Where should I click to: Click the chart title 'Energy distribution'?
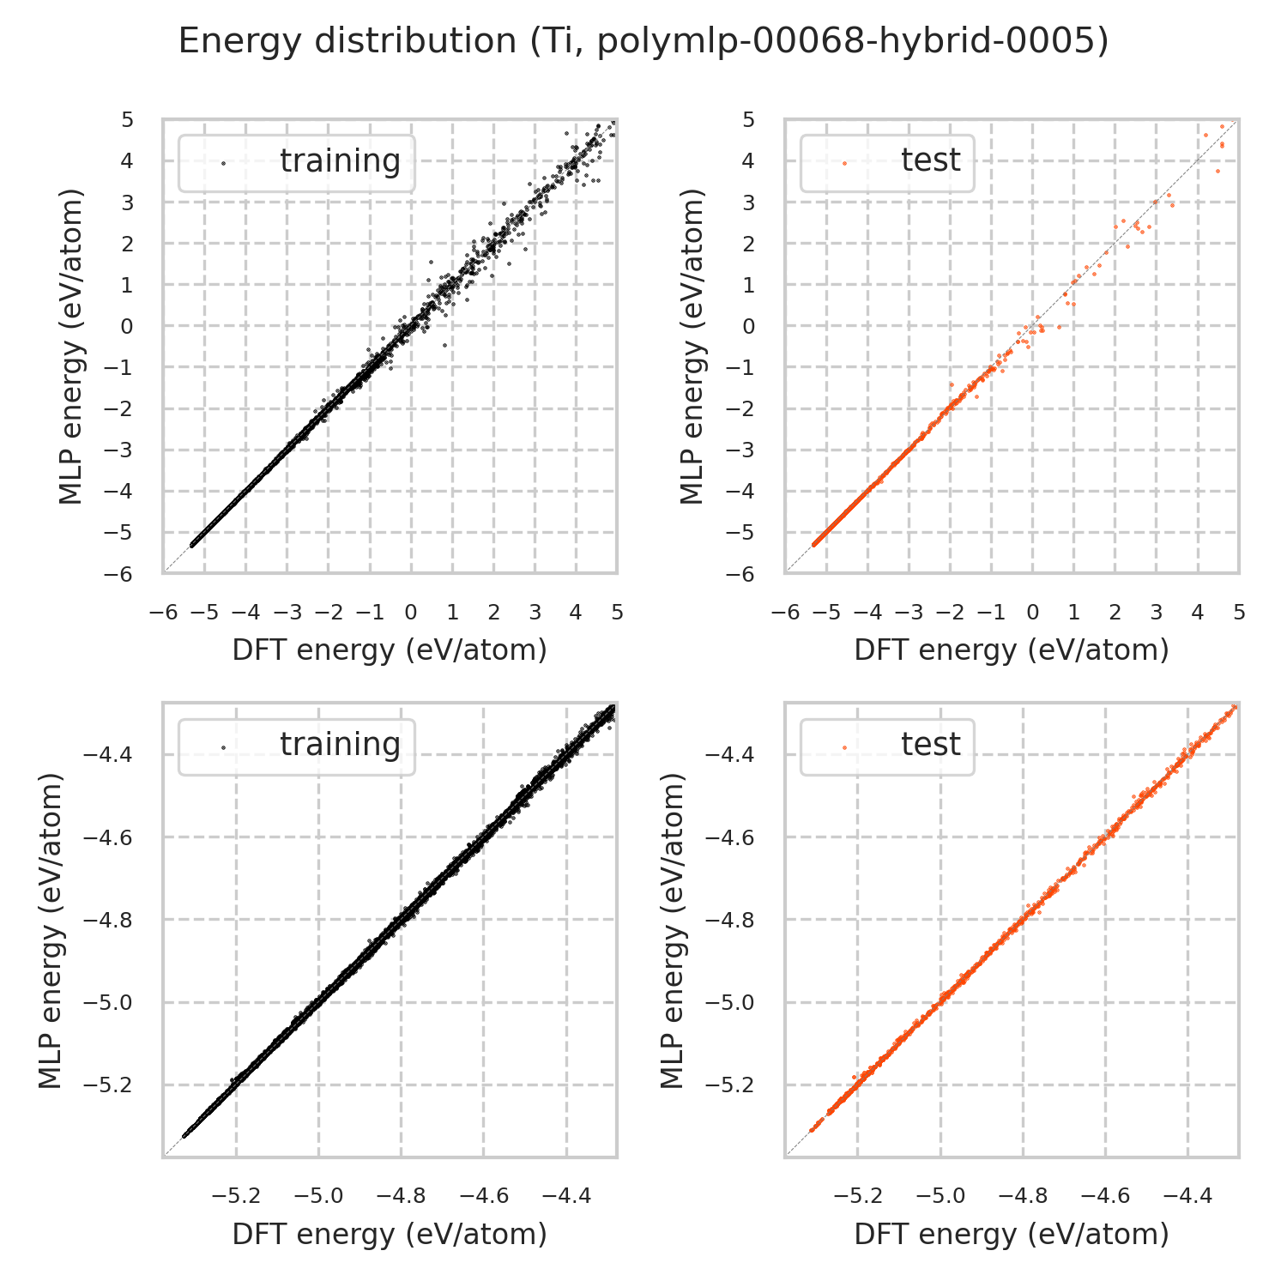coord(643,41)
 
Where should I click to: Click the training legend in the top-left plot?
coord(296,162)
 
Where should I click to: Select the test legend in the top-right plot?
coord(887,162)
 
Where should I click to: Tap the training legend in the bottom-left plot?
coord(296,746)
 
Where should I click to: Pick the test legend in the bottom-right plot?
coord(887,746)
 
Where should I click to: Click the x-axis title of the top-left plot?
coord(390,650)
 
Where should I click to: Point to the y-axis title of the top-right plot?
coord(692,346)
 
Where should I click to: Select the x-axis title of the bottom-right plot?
coord(1012,1234)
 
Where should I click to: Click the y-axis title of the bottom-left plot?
coord(51,930)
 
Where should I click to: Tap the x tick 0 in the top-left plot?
coord(410,613)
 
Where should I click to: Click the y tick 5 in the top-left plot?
coord(127,120)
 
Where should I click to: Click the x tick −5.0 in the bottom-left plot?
coord(318,1196)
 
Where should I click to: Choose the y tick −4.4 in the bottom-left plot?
coord(107,755)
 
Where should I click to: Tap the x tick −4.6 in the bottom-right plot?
coord(1105,1196)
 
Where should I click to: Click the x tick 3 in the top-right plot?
coord(1156,613)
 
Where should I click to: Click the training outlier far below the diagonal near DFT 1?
coord(444,345)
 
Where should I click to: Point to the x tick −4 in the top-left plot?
coord(245,613)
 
